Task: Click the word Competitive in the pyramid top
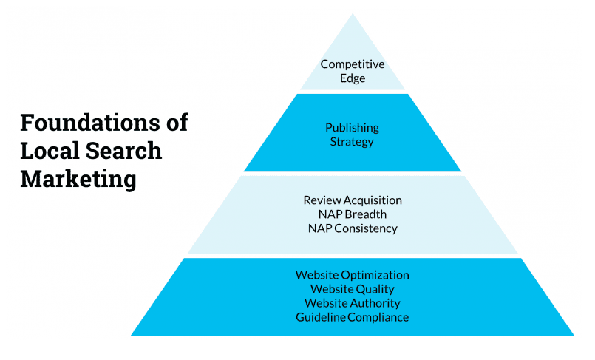[353, 65]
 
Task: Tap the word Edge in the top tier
[353, 78]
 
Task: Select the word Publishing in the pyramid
[352, 128]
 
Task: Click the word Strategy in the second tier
[352, 141]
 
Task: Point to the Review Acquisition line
[353, 200]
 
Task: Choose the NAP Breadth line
[353, 214]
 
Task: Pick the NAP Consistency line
[353, 228]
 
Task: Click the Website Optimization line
[352, 275]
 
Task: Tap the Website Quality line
[352, 289]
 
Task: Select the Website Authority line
[352, 303]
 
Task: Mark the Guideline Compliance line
[352, 317]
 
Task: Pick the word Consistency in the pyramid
[366, 228]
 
